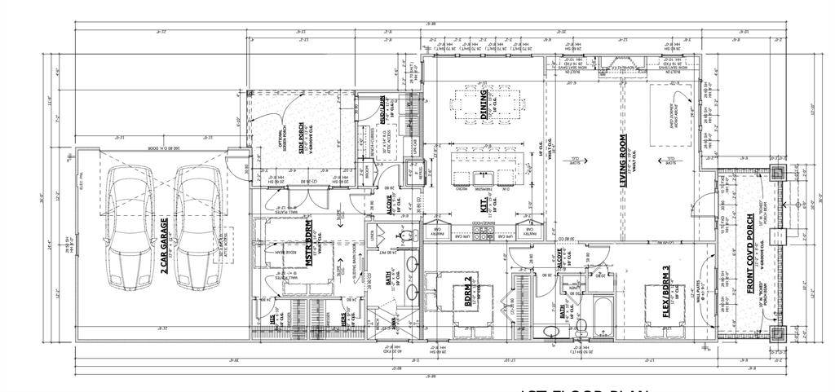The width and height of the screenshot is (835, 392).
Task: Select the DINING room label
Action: (485, 104)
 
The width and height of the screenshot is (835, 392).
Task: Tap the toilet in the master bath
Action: (403, 236)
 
